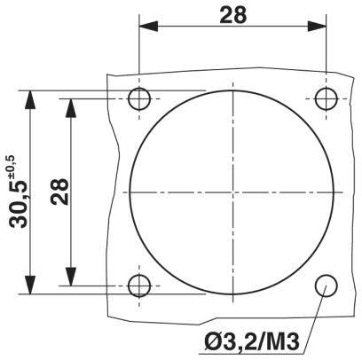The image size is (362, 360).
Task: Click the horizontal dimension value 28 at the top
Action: tap(233, 14)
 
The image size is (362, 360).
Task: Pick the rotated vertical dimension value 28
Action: tap(59, 192)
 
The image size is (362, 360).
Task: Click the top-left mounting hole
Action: tap(139, 98)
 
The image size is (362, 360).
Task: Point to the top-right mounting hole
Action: tap(327, 98)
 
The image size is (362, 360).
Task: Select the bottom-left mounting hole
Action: tap(139, 286)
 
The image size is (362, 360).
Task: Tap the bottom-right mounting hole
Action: tap(327, 286)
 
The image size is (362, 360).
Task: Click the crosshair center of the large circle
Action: tap(233, 192)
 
